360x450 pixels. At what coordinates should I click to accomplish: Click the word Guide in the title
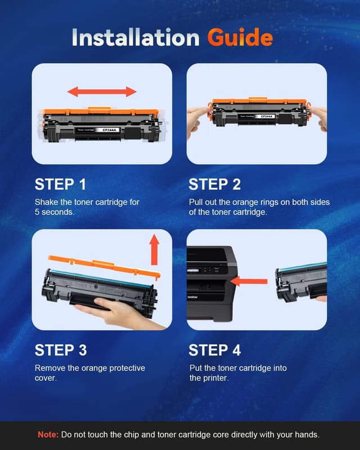pos(240,37)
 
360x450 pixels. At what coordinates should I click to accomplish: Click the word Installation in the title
pos(136,37)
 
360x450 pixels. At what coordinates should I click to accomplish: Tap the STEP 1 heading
pos(60,184)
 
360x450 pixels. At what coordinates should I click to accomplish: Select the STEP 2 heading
pos(214,184)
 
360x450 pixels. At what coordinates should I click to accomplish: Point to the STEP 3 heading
pos(60,350)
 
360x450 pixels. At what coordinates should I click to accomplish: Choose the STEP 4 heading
pos(214,350)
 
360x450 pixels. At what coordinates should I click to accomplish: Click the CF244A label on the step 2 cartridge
pos(267,116)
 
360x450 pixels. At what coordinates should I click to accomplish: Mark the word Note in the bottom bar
pos(47,435)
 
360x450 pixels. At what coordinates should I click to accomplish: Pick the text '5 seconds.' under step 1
pos(55,212)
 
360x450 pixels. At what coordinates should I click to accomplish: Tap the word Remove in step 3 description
pos(51,368)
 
